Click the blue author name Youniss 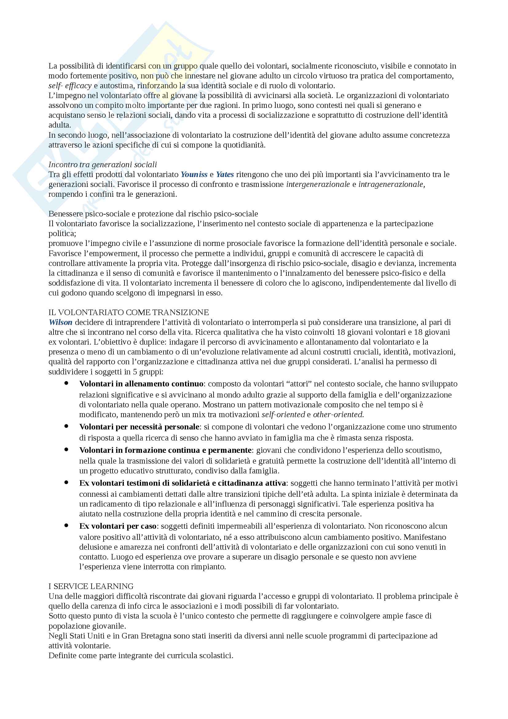(x=194, y=174)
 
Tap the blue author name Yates (x=225, y=174)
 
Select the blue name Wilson (x=61, y=322)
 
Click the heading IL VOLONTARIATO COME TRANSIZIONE (x=129, y=312)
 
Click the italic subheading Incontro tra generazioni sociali (x=103, y=164)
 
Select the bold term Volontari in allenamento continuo (x=141, y=384)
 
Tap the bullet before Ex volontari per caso (x=66, y=526)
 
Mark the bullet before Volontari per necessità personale (x=66, y=427)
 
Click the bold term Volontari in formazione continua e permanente (x=165, y=450)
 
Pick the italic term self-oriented (x=283, y=415)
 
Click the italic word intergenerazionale (x=318, y=184)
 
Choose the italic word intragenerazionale (x=391, y=184)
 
